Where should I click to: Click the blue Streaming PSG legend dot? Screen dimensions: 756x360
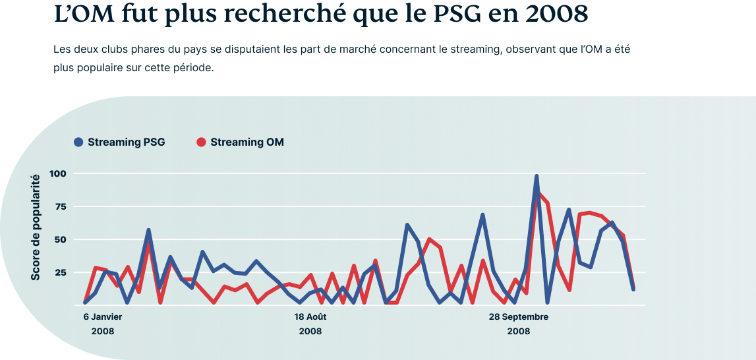(78, 142)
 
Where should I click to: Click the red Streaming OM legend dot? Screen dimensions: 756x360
(202, 142)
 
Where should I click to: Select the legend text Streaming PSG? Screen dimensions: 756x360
(127, 142)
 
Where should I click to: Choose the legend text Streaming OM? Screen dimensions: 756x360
(247, 142)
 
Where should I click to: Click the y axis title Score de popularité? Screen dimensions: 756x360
(35, 227)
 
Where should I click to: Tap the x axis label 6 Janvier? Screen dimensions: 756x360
(103, 317)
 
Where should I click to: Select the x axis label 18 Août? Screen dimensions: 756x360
(310, 317)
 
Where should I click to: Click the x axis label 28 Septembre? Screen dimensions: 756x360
(519, 317)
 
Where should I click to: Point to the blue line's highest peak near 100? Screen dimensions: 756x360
(536, 177)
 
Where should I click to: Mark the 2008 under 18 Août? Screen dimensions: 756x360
(310, 332)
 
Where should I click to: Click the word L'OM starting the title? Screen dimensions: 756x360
(83, 15)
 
